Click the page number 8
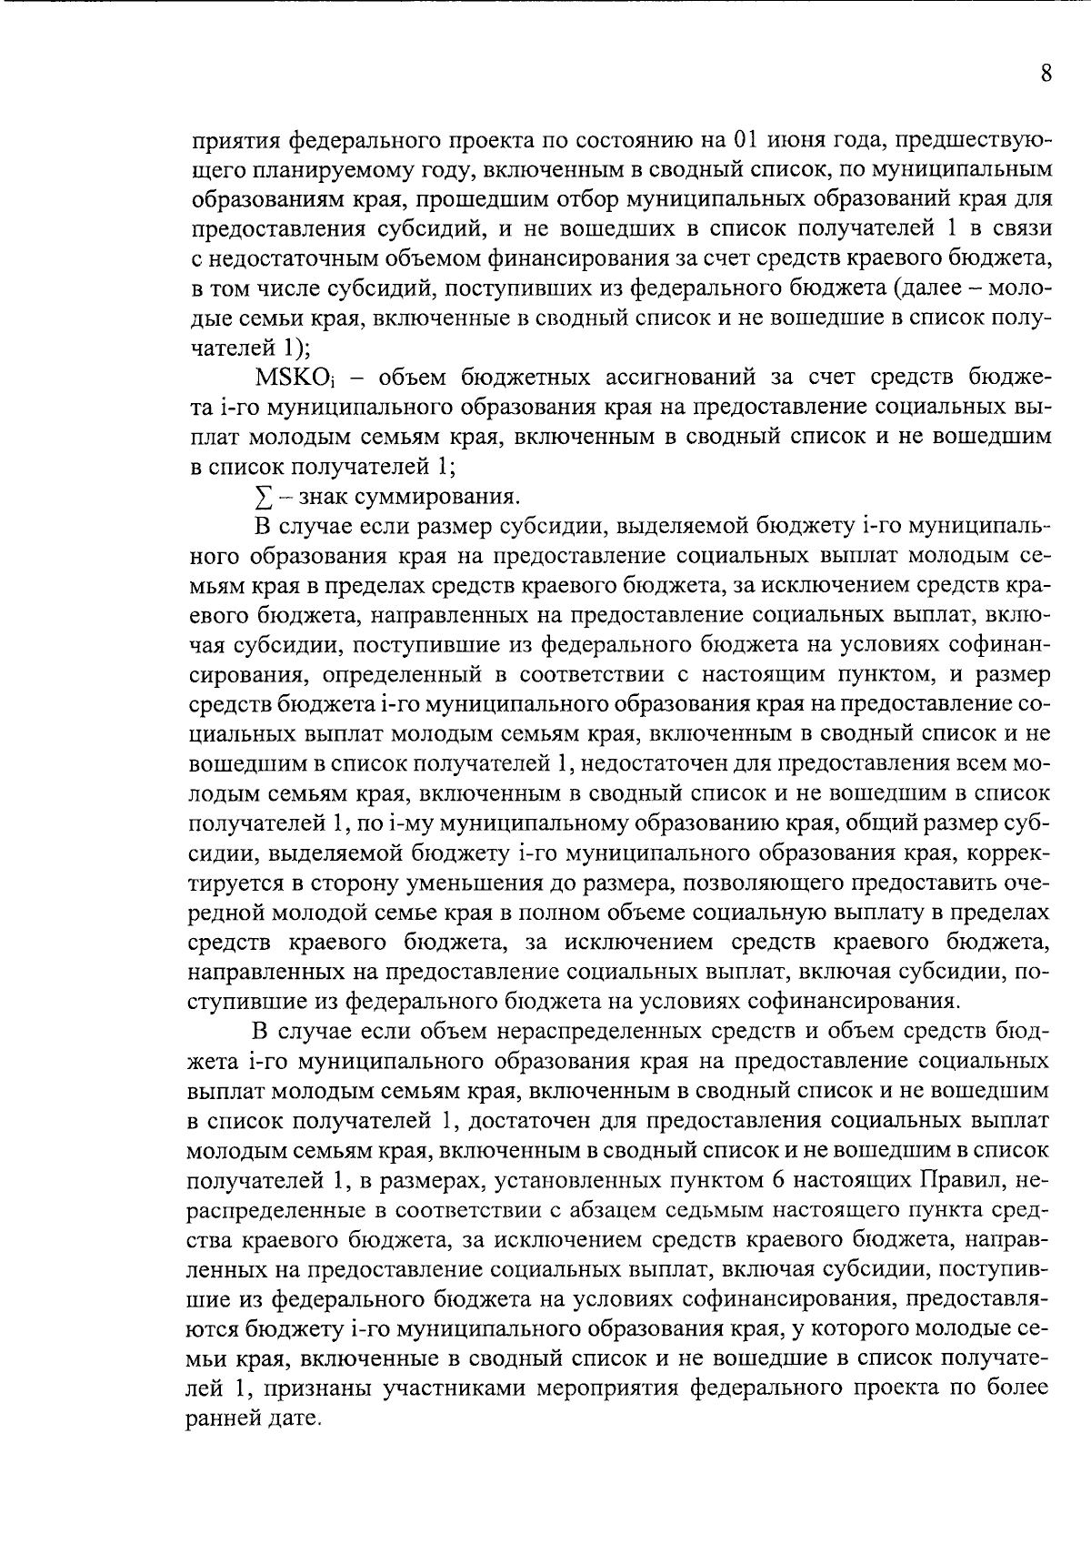pyautogui.click(x=1046, y=74)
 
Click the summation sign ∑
pyautogui.click(x=263, y=498)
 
